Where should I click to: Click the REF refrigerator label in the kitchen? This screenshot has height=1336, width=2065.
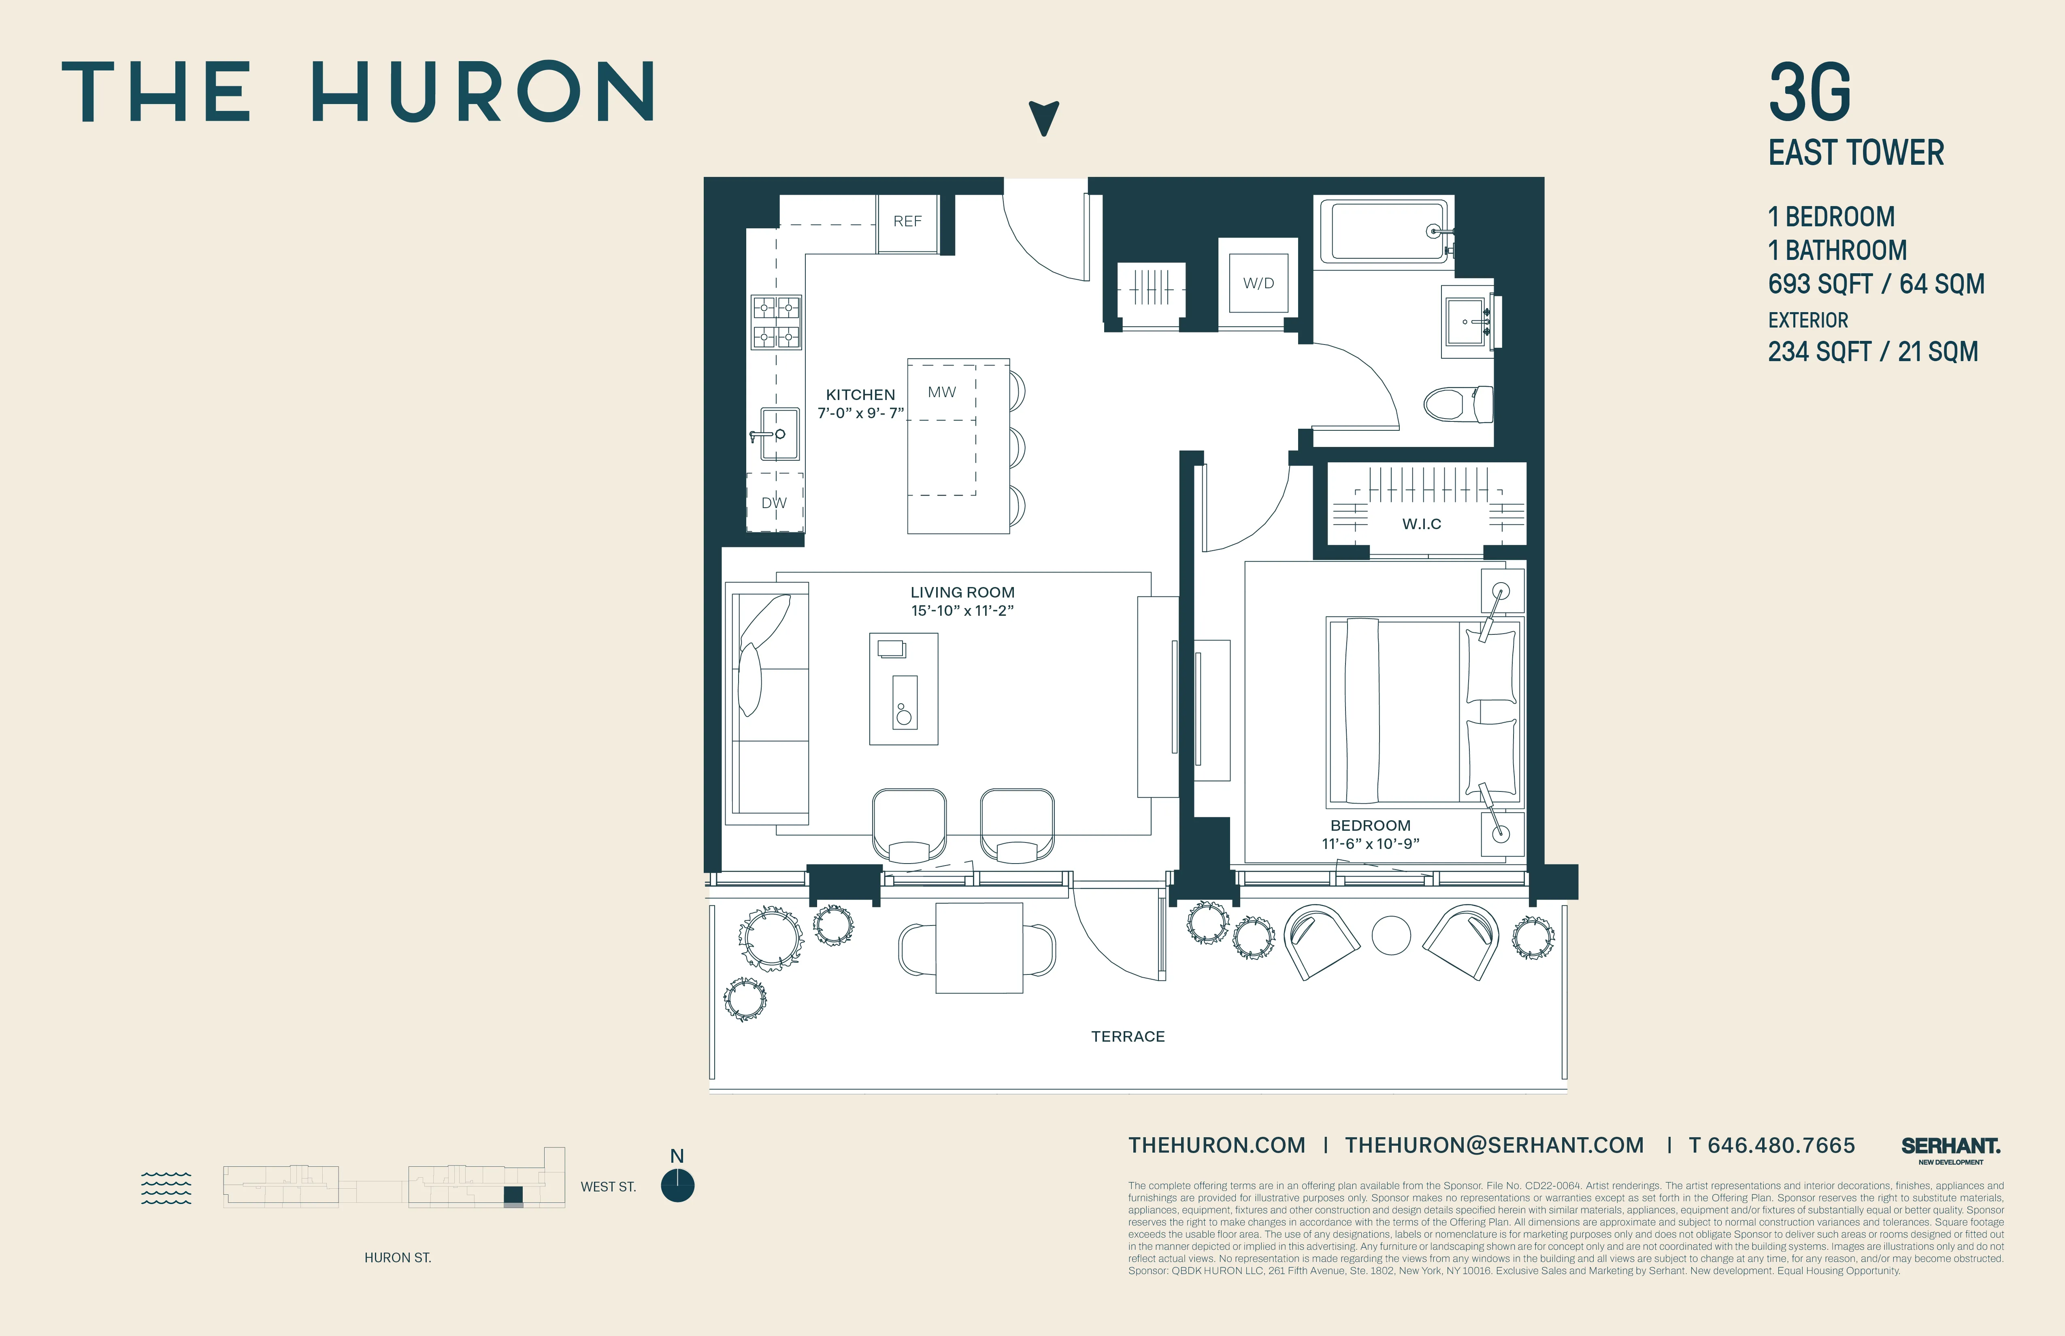coord(907,221)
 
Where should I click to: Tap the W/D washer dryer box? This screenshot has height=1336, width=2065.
coord(1258,283)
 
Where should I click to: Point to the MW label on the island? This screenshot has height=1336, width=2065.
coord(941,392)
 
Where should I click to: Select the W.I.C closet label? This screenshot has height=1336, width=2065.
coord(1421,524)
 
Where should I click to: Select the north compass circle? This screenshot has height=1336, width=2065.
coord(677,1185)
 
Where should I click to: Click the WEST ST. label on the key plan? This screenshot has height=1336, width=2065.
coord(607,1187)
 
